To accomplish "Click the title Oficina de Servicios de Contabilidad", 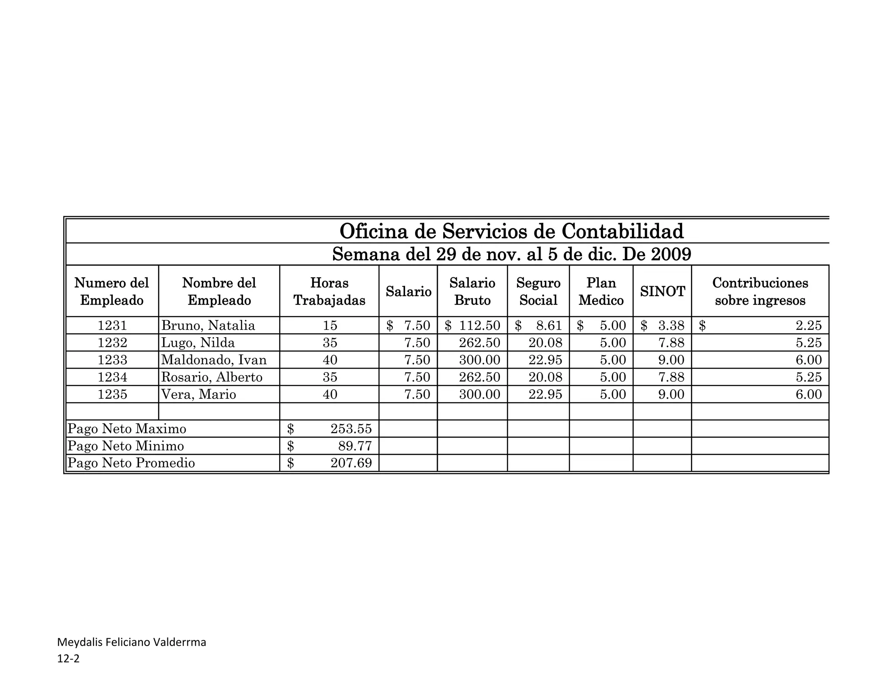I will [511, 231].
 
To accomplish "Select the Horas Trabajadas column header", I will [329, 291].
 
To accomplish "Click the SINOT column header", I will [662, 291].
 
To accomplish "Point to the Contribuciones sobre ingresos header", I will [760, 291].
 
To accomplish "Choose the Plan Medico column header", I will [601, 291].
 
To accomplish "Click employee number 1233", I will [112, 360].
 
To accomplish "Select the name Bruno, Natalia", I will [208, 325].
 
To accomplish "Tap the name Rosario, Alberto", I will [212, 377].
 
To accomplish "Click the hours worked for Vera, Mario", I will [330, 394].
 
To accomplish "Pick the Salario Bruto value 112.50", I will [479, 325].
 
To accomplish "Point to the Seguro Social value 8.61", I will [549, 325].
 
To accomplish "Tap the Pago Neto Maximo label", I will [127, 429].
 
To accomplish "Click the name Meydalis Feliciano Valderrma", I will [132, 642].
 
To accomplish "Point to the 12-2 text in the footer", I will [69, 659].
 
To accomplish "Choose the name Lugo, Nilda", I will [198, 342].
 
